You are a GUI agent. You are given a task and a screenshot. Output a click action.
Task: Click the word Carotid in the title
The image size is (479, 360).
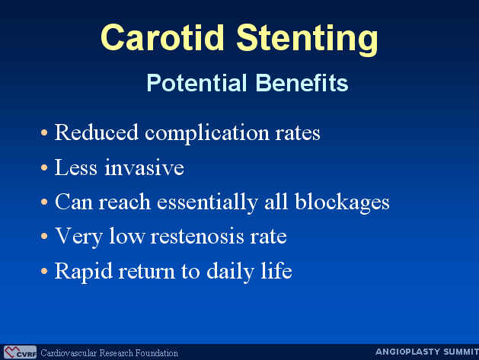coord(162,37)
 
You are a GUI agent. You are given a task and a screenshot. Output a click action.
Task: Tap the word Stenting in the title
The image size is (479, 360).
coord(308,40)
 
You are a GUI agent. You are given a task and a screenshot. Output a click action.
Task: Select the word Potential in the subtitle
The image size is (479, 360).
coord(196,83)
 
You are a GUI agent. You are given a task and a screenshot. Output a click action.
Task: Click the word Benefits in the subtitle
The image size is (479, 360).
coord(302,83)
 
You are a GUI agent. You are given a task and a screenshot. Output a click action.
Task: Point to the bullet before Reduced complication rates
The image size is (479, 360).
coord(44,132)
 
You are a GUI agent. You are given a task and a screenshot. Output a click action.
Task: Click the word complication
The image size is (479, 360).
coord(207,134)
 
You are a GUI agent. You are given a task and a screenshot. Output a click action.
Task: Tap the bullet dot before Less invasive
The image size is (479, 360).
coord(44,167)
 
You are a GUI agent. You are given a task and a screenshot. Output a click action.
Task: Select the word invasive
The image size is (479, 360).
coord(144,167)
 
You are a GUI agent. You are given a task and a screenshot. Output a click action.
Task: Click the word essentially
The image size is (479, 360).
coord(207,202)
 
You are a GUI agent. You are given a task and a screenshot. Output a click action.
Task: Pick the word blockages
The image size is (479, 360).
coord(342,202)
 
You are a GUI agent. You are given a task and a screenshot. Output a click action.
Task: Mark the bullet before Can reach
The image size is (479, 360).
coord(44,202)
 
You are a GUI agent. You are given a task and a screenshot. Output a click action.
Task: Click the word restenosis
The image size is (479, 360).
coord(197,237)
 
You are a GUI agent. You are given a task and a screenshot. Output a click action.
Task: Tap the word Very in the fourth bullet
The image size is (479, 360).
coord(78,237)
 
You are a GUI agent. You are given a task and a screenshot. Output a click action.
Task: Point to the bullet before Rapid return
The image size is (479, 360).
coord(44,271)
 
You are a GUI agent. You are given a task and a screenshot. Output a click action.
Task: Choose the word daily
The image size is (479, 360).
coord(230,272)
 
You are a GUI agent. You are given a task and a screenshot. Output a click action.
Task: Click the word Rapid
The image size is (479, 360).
coord(84,272)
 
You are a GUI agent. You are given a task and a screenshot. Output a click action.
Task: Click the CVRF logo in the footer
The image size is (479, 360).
coord(20,352)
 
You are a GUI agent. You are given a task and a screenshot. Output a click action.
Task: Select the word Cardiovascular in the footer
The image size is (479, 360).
coord(69,353)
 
